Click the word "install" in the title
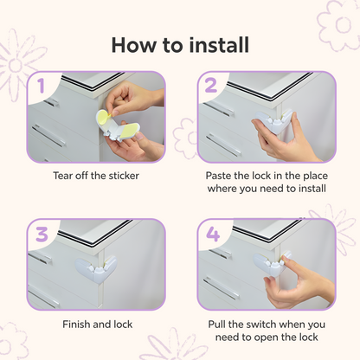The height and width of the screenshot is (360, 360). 219,45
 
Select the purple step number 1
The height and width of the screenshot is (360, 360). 41,86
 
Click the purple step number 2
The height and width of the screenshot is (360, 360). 211,86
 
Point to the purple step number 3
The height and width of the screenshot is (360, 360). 42,235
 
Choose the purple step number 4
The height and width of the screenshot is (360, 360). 213,235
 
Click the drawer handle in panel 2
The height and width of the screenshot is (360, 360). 223,145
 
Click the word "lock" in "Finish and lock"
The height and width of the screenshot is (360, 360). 123,325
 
